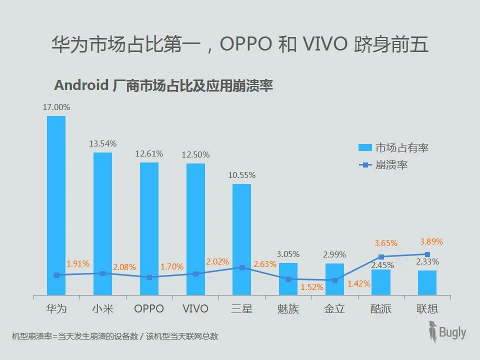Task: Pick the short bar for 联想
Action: (427, 282)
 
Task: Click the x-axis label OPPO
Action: (149, 308)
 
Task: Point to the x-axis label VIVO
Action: (195, 308)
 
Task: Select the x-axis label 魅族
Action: (288, 308)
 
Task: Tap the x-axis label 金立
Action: (334, 308)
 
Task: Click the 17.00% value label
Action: (56, 107)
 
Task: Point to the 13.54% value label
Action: (103, 143)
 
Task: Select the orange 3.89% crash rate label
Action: (431, 241)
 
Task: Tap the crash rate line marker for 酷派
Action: (381, 257)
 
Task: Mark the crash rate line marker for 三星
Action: (242, 267)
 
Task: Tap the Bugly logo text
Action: (452, 332)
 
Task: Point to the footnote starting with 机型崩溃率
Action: (115, 336)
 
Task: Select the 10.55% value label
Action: (242, 175)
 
